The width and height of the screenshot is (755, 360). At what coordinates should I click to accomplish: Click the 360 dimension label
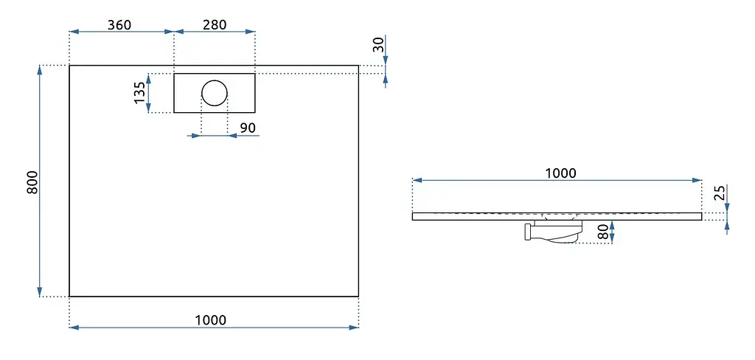[x=119, y=24]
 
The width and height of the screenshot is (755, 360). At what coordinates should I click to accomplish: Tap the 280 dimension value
[x=215, y=24]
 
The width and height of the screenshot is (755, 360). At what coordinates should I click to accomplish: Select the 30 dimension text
[x=379, y=45]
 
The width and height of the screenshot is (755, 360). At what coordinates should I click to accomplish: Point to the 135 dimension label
[x=139, y=92]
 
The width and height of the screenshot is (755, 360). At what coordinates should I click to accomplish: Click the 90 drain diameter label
[x=248, y=128]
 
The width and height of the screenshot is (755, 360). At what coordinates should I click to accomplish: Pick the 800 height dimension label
[x=32, y=182]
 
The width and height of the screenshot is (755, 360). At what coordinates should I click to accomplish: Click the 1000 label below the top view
[x=210, y=320]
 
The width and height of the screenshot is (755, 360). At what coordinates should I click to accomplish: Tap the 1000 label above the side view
[x=561, y=173]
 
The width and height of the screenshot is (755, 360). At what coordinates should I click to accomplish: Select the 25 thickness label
[x=720, y=193]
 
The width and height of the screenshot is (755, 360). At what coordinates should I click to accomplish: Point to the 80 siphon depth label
[x=602, y=232]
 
